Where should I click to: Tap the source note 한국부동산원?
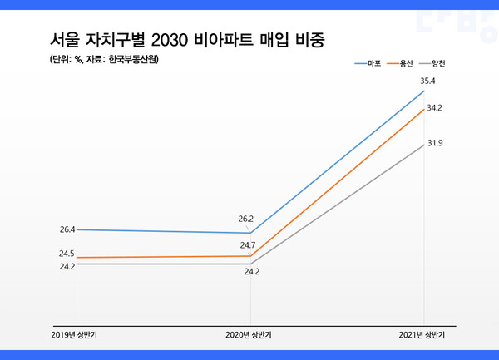click(133, 59)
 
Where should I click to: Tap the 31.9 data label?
click(434, 143)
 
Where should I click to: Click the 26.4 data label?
click(67, 229)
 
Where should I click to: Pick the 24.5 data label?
click(67, 253)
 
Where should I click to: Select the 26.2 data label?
click(245, 219)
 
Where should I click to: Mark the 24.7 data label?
click(247, 245)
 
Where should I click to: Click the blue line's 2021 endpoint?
click(424, 91)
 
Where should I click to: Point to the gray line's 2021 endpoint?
click(424, 143)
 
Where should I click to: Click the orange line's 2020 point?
click(250, 256)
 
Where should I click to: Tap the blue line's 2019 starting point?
click(77, 229)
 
